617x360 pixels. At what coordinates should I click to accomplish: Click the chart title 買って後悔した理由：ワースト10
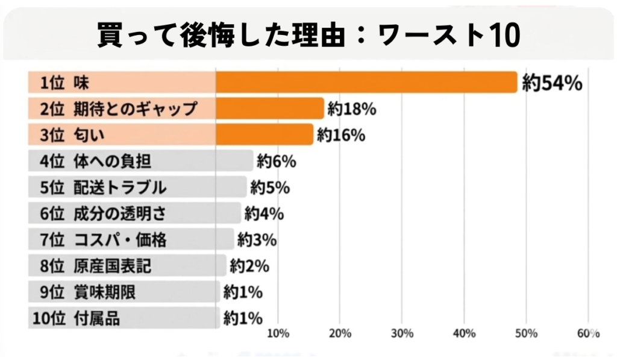[308, 36]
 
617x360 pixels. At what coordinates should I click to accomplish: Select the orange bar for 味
[366, 83]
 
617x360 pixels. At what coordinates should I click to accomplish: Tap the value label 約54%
[552, 83]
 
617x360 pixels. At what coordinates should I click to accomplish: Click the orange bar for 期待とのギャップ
[270, 109]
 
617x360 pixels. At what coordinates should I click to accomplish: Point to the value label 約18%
[352, 109]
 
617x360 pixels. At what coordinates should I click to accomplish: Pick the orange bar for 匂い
[265, 134]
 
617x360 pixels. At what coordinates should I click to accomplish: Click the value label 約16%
[341, 135]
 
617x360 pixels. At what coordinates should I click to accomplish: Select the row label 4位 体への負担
[95, 162]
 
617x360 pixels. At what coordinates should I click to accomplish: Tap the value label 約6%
[276, 162]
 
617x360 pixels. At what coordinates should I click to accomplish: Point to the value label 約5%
[270, 188]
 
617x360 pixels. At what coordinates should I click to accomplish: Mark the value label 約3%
[257, 240]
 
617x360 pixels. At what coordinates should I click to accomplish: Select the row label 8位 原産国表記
[95, 266]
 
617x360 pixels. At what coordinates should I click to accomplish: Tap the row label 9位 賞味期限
[88, 292]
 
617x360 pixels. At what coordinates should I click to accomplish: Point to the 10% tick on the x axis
[277, 333]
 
